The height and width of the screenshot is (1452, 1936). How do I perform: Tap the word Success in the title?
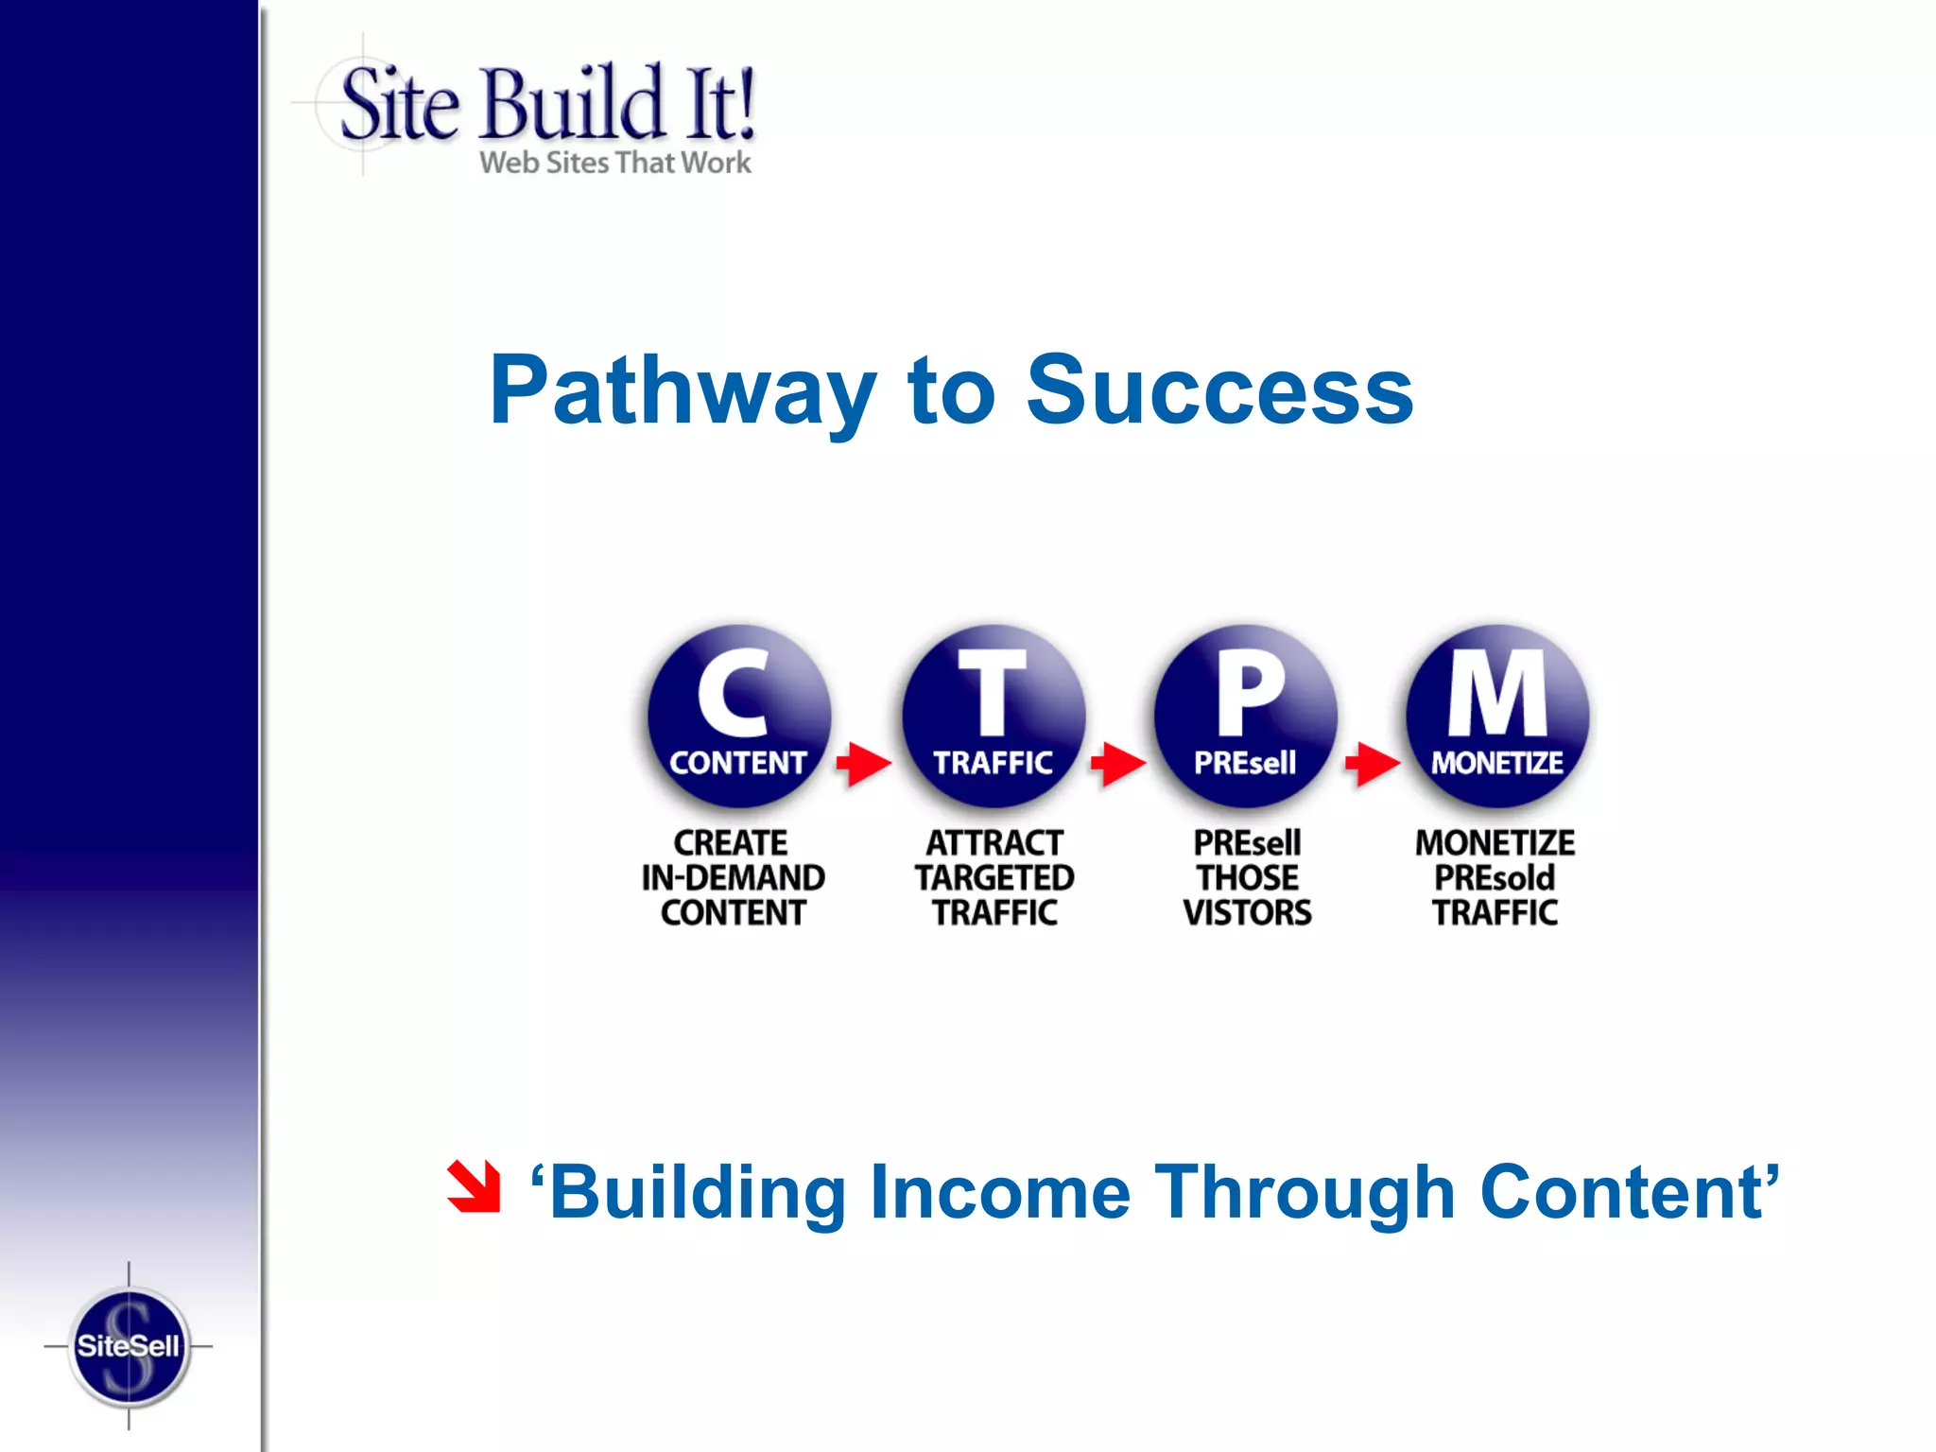pos(1219,390)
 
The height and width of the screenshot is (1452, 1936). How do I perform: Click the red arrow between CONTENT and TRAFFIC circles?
pos(864,763)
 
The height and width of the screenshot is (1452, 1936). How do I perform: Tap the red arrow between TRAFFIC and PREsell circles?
pos(1118,763)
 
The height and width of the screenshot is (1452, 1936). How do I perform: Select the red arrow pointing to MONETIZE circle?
pos(1373,763)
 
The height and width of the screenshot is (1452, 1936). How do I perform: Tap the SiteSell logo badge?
pos(129,1346)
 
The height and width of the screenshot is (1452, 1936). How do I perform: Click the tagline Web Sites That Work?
pos(615,163)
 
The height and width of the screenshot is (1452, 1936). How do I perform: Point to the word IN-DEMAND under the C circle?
pos(734,878)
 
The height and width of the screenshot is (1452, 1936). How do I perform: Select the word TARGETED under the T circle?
pos(994,878)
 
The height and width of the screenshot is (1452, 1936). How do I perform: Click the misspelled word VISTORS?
pos(1248,913)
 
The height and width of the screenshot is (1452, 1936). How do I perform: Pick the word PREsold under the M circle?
pos(1495,878)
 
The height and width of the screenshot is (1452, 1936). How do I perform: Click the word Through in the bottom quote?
pos(1305,1192)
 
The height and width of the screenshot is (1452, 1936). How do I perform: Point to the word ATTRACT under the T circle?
pos(994,843)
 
